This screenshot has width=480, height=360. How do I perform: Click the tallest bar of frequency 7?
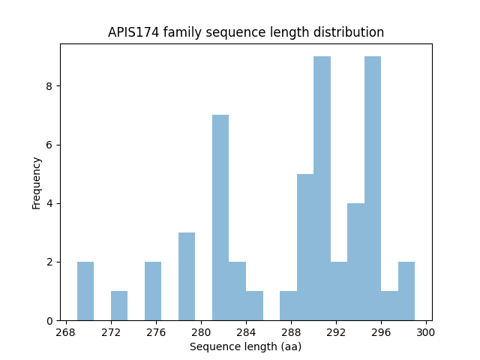[x=220, y=217]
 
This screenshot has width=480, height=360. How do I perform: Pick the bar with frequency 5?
[x=305, y=247]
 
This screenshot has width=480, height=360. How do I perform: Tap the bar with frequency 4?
[x=355, y=262]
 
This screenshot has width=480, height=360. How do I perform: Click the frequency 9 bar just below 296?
[x=373, y=188]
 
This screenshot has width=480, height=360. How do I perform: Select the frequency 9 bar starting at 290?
[x=322, y=188]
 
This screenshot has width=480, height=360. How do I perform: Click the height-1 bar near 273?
[x=119, y=305]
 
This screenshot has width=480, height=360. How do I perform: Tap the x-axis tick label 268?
[x=66, y=332]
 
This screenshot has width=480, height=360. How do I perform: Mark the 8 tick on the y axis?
[x=51, y=86]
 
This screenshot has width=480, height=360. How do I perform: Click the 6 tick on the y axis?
[x=51, y=145]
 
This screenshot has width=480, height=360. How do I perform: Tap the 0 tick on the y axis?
[x=51, y=320]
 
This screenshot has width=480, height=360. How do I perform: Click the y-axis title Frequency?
[x=36, y=182]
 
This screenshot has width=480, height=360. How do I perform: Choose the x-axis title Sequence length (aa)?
[x=245, y=346]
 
